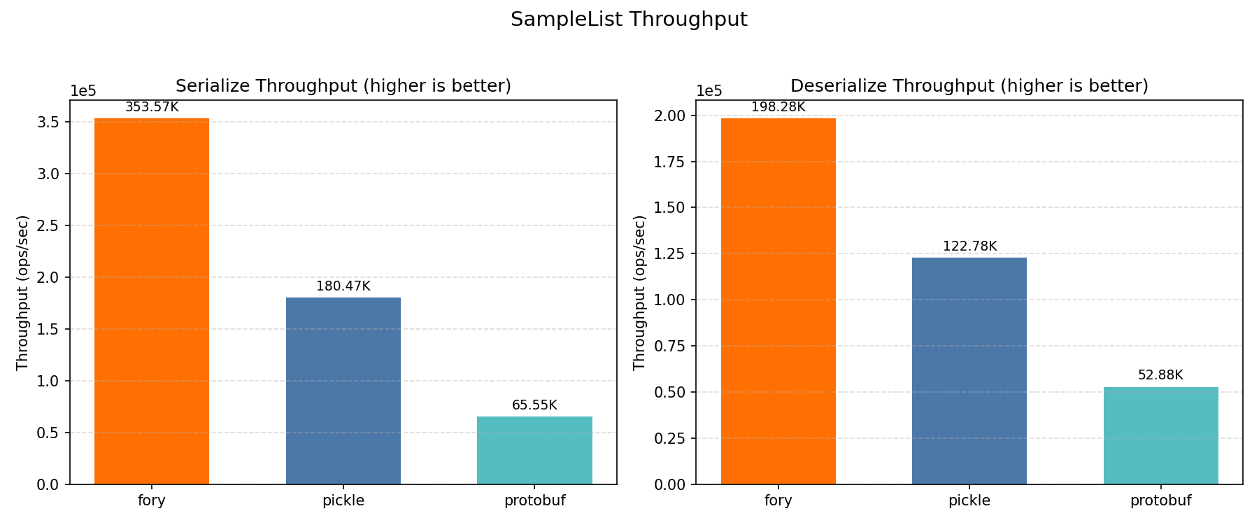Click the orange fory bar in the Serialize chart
(152, 301)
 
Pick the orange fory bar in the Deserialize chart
(778, 301)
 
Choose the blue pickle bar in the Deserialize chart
(969, 371)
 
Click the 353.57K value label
(152, 107)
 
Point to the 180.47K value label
(343, 286)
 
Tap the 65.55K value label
(534, 405)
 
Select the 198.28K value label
(778, 107)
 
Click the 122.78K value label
(969, 246)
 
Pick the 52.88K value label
(1160, 375)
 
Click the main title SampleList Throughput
(629, 20)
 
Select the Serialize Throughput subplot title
(343, 86)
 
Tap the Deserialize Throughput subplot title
(969, 86)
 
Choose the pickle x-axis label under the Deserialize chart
(969, 500)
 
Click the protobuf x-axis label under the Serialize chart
(534, 500)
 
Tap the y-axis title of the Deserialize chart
(639, 293)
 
